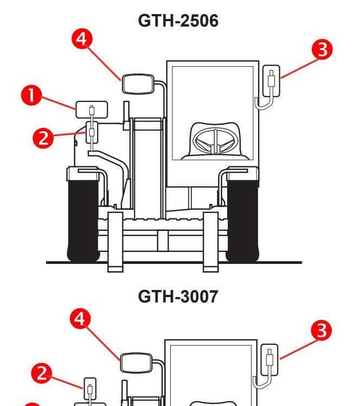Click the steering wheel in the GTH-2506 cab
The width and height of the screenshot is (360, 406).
pyautogui.click(x=215, y=143)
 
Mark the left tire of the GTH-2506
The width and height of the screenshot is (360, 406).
pyautogui.click(x=81, y=217)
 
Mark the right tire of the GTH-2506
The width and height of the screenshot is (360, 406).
pyautogui.click(x=243, y=217)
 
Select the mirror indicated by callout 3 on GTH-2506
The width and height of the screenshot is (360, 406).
pyautogui.click(x=271, y=81)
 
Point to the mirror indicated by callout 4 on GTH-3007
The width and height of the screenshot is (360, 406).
pyautogui.click(x=136, y=360)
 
